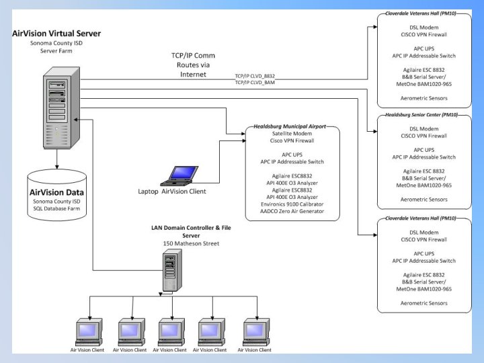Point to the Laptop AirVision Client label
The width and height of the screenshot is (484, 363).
tap(172, 192)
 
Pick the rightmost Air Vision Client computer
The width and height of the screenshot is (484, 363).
tap(255, 330)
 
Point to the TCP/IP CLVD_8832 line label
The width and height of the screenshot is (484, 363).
tap(255, 76)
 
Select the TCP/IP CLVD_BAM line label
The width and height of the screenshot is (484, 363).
tap(255, 83)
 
